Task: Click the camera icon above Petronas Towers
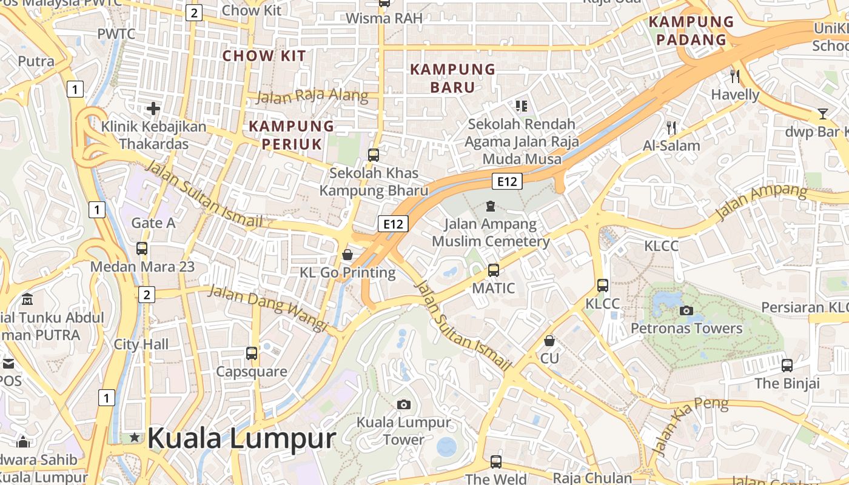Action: coord(686,311)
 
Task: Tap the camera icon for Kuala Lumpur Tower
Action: coord(403,404)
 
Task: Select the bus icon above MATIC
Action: coord(494,270)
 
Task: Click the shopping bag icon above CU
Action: coord(549,341)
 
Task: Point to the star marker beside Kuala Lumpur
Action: coord(134,438)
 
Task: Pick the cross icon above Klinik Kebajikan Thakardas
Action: coord(153,109)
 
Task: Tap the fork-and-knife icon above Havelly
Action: coord(735,76)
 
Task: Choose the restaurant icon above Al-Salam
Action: coord(671,127)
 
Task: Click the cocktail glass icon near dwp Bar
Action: coord(822,114)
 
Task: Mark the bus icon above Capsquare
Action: coord(252,353)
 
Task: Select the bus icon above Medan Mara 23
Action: coord(142,249)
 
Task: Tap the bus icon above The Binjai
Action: coord(787,366)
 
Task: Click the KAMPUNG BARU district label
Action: coord(452,78)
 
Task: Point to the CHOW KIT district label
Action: coord(264,56)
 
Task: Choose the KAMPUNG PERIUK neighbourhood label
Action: coord(292,135)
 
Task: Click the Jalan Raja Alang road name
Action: coord(312,96)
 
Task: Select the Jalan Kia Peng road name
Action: coord(691,426)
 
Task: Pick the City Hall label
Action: coord(141,344)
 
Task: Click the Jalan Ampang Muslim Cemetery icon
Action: coord(490,207)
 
